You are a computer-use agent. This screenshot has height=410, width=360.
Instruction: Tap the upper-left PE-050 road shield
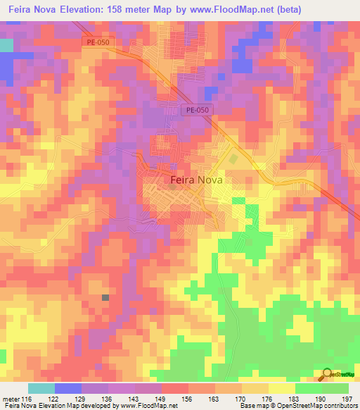click(x=97, y=42)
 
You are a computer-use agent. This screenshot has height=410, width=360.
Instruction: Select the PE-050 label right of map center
click(x=198, y=110)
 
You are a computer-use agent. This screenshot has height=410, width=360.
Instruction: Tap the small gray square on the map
click(x=105, y=298)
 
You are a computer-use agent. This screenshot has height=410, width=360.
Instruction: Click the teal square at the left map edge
click(x=6, y=45)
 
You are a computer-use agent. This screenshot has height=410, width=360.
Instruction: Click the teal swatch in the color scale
click(x=41, y=388)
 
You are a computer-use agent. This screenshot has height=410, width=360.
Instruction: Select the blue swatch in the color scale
click(x=67, y=388)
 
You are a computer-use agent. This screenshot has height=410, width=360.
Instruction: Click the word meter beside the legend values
click(x=11, y=399)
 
